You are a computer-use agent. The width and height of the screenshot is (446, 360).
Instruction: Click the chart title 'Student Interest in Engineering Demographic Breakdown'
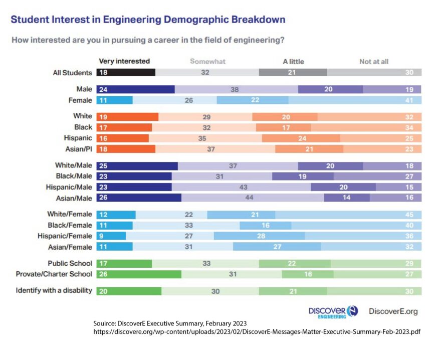148,20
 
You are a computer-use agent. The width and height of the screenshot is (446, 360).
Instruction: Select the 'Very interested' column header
124,61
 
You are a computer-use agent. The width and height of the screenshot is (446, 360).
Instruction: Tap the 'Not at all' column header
374,62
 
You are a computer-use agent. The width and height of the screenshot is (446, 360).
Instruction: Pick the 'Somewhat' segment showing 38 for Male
236,89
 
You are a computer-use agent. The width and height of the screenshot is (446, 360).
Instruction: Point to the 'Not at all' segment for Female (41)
354,100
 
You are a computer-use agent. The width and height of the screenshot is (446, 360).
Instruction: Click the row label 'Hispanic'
79,138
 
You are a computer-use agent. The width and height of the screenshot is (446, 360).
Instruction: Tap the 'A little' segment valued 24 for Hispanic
301,138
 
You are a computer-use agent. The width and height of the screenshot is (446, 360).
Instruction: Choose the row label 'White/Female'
70,214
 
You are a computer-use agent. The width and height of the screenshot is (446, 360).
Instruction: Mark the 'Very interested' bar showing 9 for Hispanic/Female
111,236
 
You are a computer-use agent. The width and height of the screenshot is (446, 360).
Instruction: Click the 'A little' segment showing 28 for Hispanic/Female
259,236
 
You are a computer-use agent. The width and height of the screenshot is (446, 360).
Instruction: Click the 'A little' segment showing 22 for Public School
295,263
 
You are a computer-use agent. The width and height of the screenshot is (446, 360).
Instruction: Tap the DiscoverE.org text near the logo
393,311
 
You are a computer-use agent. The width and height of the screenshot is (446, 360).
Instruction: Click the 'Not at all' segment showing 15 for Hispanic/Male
398,187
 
